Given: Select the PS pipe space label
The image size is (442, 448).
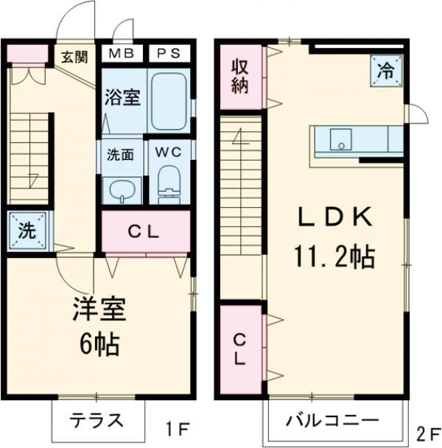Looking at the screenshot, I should [168, 55].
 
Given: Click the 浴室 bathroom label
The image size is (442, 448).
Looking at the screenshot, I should [122, 97].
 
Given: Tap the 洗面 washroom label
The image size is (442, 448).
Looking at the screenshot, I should [120, 155].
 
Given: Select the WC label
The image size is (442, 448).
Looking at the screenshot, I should [169, 153].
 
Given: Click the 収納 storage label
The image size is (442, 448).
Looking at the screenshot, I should [241, 74].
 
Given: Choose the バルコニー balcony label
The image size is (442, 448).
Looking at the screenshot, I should [334, 421].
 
